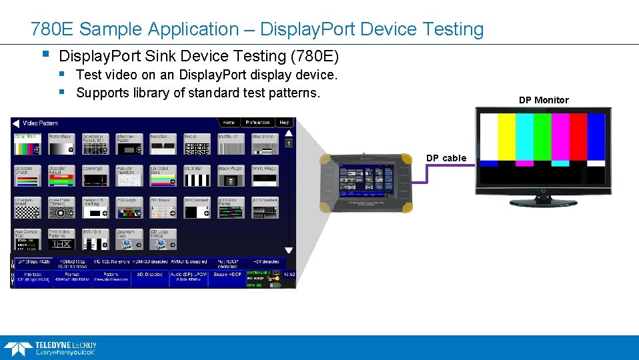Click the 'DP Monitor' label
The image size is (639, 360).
(544, 100)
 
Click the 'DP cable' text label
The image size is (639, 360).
(446, 158)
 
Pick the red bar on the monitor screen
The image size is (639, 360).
(578, 137)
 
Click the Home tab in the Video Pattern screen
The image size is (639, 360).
(228, 123)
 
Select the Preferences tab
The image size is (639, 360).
(257, 123)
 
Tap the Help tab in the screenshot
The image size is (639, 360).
(284, 123)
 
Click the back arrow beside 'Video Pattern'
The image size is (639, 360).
(16, 123)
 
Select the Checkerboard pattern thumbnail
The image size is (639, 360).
(27, 208)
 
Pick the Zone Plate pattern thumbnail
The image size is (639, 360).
(60, 208)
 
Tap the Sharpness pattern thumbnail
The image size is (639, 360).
(263, 144)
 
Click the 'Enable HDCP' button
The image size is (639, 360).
(227, 275)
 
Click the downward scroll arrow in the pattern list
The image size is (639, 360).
(289, 250)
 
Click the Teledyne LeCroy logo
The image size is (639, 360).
(50, 348)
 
